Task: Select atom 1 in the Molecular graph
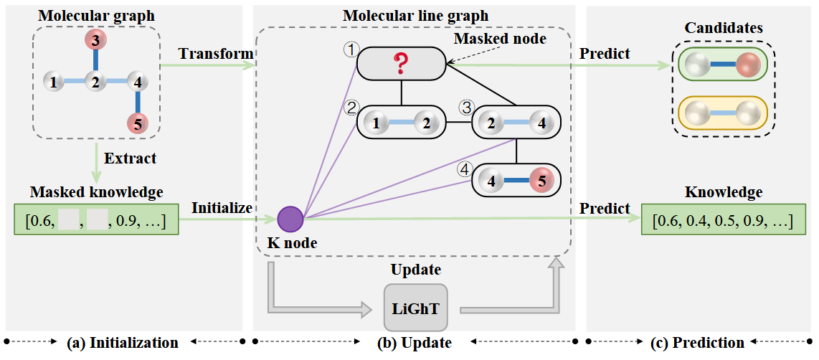[x=52, y=82]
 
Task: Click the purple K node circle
[x=290, y=219]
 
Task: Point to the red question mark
[x=401, y=63]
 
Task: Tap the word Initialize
[x=222, y=208]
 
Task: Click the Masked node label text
[x=500, y=39]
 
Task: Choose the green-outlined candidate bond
[x=722, y=65]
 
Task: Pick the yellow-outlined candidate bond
[x=722, y=113]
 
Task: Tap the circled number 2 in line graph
[x=351, y=108]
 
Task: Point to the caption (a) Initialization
[x=123, y=343]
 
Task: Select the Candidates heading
[x=722, y=28]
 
